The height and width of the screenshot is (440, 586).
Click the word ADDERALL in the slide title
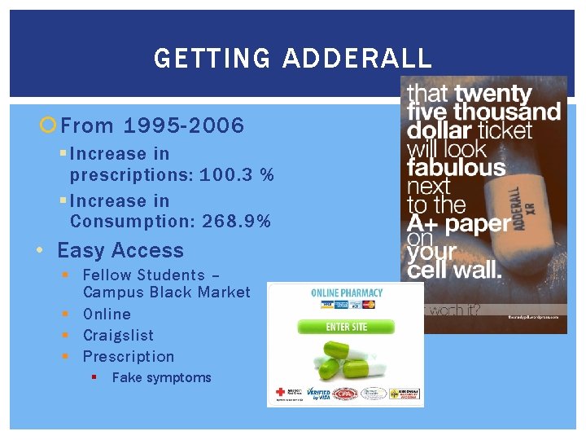357,59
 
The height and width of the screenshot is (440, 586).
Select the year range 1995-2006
184,125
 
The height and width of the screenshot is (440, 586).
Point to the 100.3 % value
234,174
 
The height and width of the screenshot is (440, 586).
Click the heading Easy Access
120,251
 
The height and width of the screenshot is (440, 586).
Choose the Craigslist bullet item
118,335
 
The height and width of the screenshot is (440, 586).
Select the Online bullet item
107,314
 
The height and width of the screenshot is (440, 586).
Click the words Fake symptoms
161,377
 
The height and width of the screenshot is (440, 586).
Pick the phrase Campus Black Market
166,292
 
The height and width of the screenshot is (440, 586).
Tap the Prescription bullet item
129,356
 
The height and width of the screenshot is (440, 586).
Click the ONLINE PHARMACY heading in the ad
347,293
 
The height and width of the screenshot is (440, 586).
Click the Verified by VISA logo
312,394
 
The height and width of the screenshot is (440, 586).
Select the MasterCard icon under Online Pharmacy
369,305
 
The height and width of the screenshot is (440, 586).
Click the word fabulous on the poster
456,169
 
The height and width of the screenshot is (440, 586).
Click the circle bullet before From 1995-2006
48,125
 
